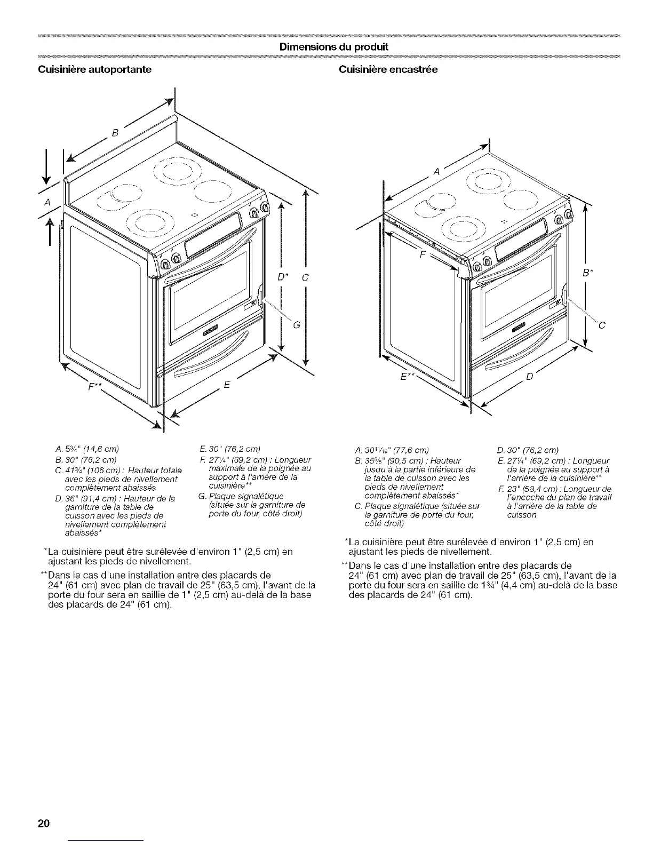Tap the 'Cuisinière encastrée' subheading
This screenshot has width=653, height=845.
point(388,70)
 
